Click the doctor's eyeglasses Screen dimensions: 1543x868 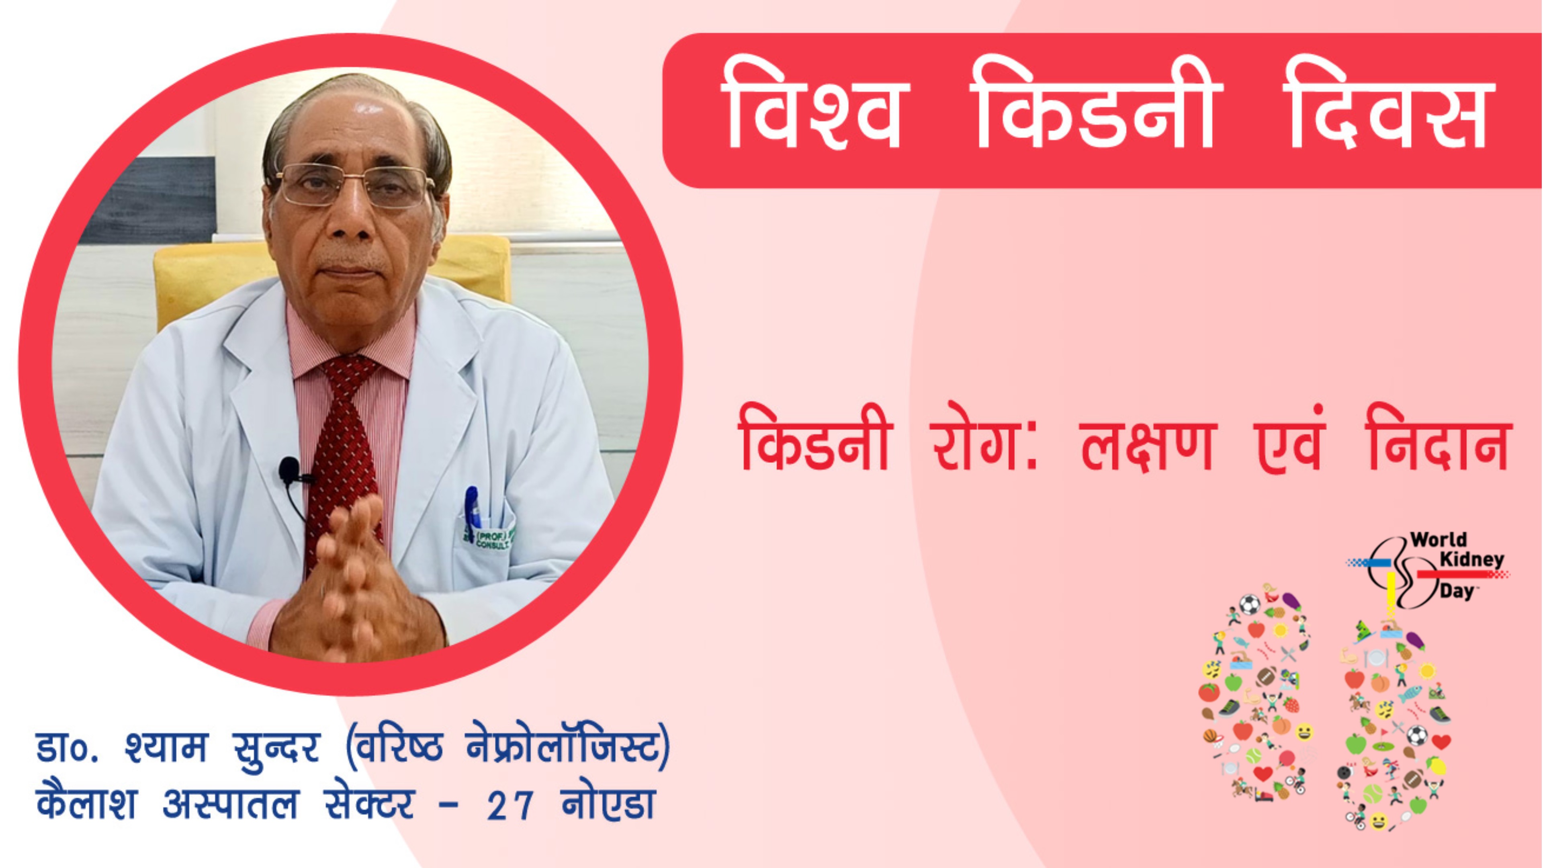click(354, 186)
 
